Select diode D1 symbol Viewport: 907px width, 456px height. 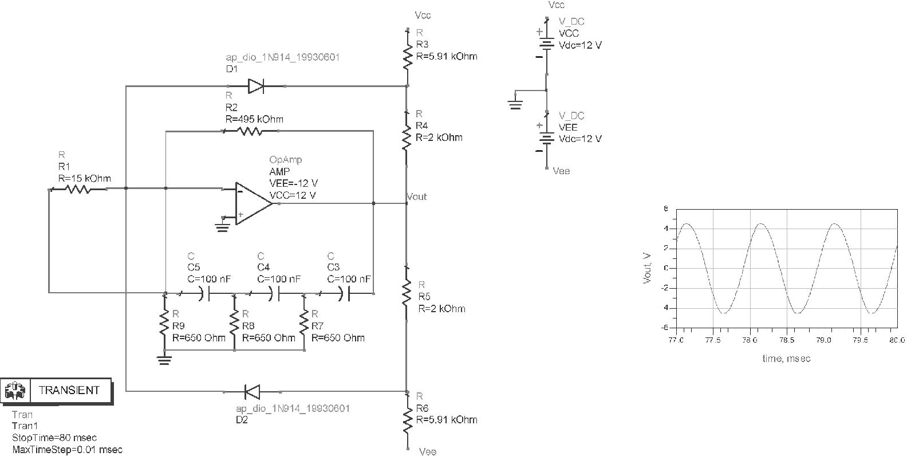pos(255,87)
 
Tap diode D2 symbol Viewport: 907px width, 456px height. pos(252,392)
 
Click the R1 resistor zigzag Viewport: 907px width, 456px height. pos(78,188)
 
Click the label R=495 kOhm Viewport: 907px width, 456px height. pos(254,119)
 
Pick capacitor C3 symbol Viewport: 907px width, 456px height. pos(345,293)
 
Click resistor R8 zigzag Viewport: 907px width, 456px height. pos(234,324)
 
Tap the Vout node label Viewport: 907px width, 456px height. pos(417,196)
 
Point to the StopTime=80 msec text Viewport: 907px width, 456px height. pos(54,438)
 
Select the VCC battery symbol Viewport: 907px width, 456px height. pos(546,45)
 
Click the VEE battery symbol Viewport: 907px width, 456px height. pos(546,138)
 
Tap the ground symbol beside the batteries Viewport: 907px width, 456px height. pos(515,103)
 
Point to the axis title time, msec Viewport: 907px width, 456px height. pos(786,359)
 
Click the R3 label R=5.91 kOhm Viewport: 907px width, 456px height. pos(447,56)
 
